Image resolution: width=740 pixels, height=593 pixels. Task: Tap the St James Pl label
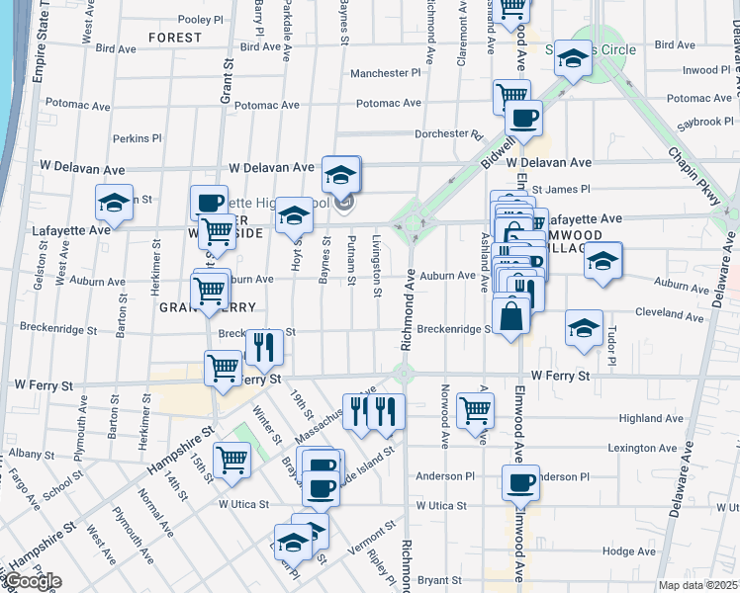561,188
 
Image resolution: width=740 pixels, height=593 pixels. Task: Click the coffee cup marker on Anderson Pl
520,483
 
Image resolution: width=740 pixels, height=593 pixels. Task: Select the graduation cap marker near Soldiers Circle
572,58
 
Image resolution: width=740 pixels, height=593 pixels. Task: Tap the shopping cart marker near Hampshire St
231,459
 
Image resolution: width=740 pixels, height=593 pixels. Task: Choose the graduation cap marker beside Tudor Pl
584,328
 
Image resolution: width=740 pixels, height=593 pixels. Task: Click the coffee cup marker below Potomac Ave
523,118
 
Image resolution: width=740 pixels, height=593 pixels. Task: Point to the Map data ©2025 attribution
698,585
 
